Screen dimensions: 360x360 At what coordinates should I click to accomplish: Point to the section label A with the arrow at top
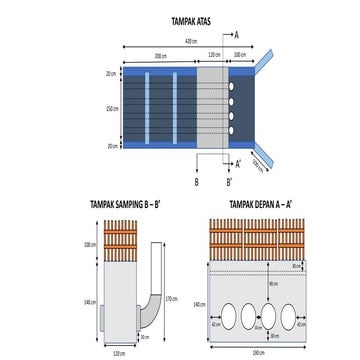tap(236, 33)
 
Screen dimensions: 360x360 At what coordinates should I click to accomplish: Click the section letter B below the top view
tap(197, 182)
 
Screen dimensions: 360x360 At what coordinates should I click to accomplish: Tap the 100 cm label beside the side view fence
tap(88, 245)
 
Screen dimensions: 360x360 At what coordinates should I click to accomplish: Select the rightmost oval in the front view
tap(290, 316)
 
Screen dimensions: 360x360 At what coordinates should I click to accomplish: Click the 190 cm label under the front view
tap(258, 353)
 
